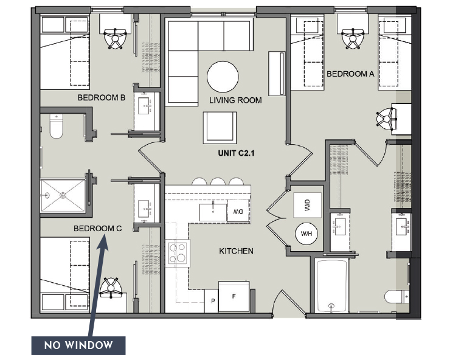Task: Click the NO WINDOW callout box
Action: (78, 345)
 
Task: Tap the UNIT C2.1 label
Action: (236, 153)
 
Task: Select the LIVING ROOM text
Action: (235, 100)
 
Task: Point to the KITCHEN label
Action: (236, 251)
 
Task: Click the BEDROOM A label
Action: (350, 74)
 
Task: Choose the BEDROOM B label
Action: (102, 98)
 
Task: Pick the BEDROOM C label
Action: (97, 229)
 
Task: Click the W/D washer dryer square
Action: (307, 205)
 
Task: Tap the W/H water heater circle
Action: (306, 234)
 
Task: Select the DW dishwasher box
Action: (238, 212)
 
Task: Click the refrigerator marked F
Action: (234, 297)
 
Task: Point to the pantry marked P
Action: (212, 301)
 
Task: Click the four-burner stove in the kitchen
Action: (178, 254)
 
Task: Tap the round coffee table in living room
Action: (223, 77)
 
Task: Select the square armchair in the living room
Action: (220, 128)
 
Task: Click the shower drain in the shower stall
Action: (63, 195)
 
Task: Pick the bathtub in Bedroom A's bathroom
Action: (332, 285)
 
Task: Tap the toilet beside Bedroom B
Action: (56, 126)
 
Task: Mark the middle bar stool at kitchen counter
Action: (218, 182)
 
